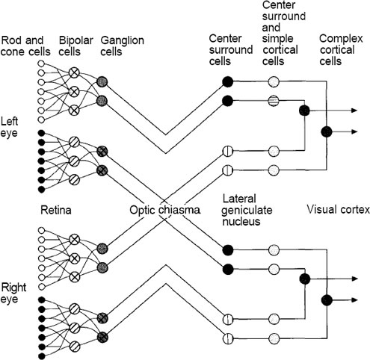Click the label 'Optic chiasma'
[x=164, y=210]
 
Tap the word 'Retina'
[x=56, y=210]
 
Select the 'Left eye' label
[x=9, y=127]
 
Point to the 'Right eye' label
[x=13, y=293]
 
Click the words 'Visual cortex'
[x=338, y=209]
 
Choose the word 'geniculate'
[x=247, y=211]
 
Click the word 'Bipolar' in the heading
[x=76, y=40]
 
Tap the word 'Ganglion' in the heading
[x=123, y=40]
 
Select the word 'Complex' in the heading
[x=341, y=39]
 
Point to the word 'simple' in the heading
[x=277, y=39]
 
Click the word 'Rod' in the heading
[x=10, y=40]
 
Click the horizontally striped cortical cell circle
[x=274, y=101]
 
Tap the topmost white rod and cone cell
[x=41, y=63]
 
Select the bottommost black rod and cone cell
[x=41, y=356]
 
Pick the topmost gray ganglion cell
[x=102, y=81]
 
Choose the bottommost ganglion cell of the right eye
[x=102, y=337]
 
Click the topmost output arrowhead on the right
[x=354, y=111]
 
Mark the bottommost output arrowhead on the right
[x=354, y=300]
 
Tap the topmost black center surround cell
[x=227, y=81]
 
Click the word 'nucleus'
[x=241, y=221]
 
